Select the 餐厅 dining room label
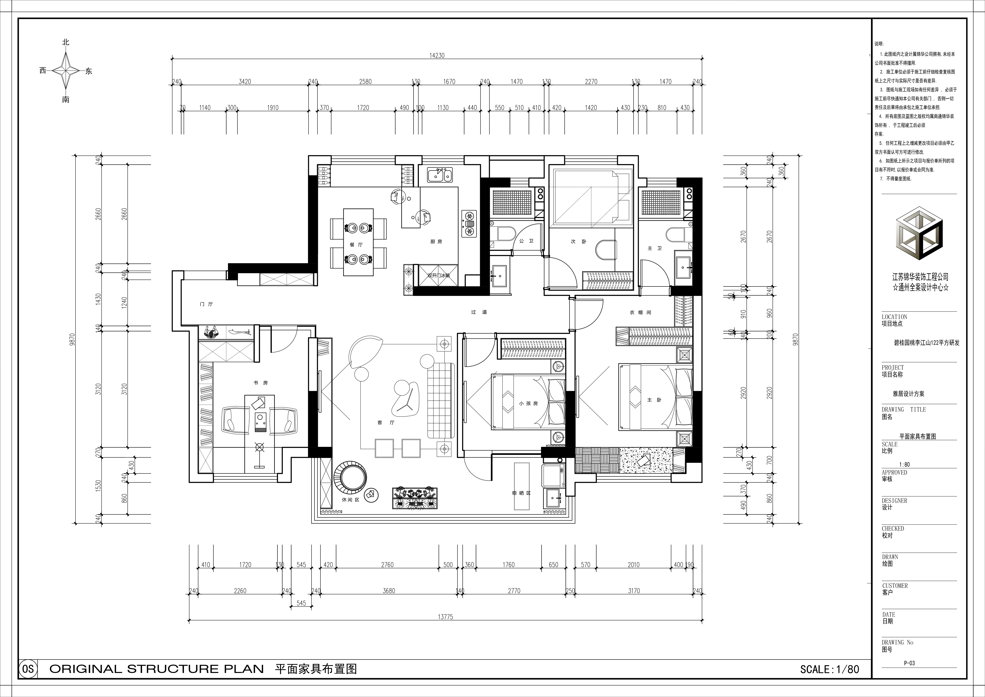[356, 245]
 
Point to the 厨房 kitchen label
[436, 242]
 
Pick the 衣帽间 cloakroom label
[641, 313]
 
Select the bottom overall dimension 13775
[445, 617]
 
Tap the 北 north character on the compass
[66, 42]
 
